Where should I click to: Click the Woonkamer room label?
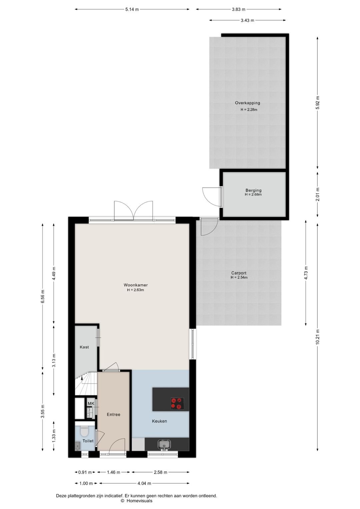click(x=136, y=285)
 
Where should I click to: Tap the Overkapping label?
click(x=247, y=103)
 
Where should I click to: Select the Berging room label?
click(x=253, y=190)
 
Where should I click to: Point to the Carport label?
click(x=239, y=273)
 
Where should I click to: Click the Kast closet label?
click(x=84, y=347)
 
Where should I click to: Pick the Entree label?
click(x=114, y=415)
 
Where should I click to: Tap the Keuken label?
click(x=159, y=421)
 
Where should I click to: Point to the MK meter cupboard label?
click(x=91, y=404)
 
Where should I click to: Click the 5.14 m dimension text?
click(x=132, y=9)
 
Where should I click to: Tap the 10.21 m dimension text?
click(x=318, y=337)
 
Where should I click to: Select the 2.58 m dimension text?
click(x=161, y=472)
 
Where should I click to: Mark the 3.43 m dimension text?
click(x=247, y=20)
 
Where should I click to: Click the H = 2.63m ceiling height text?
click(x=136, y=290)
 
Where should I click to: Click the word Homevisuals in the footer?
click(x=139, y=501)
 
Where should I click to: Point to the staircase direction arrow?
click(x=82, y=378)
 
